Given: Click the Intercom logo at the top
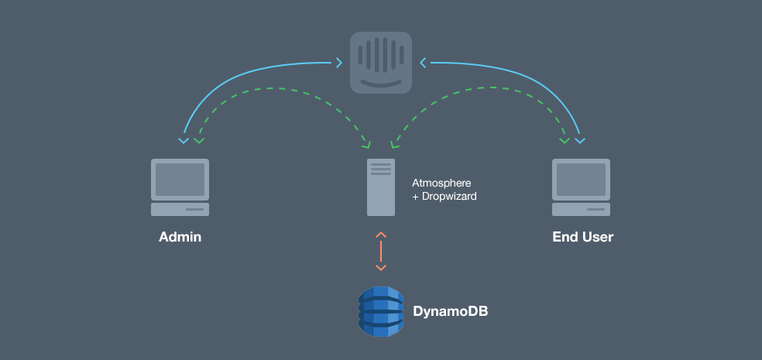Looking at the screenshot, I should [x=380, y=62].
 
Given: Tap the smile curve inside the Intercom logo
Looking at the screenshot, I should [x=380, y=80].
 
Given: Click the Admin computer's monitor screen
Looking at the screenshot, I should [x=180, y=179].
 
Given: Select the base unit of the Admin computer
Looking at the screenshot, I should [x=180, y=209].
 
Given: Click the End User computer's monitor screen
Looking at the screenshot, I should [x=581, y=179].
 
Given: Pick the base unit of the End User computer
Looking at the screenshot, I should [x=581, y=209].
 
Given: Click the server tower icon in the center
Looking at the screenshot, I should [x=380, y=187].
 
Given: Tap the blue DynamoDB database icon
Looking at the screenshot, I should [x=380, y=311].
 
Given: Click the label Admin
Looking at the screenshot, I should [x=180, y=237].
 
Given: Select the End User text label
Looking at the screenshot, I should [x=582, y=237].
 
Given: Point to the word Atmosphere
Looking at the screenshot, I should [x=441, y=183].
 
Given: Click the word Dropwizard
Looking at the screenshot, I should [x=448, y=197].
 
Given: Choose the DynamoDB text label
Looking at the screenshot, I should [x=450, y=311].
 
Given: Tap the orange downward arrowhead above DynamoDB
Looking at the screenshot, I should [x=380, y=268].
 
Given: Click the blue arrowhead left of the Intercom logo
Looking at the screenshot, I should [x=339, y=61].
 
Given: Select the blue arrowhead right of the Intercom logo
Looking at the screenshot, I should [x=422, y=61].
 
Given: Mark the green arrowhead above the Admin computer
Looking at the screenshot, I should [x=200, y=141].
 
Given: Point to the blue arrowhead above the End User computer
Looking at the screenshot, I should [x=580, y=141].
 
